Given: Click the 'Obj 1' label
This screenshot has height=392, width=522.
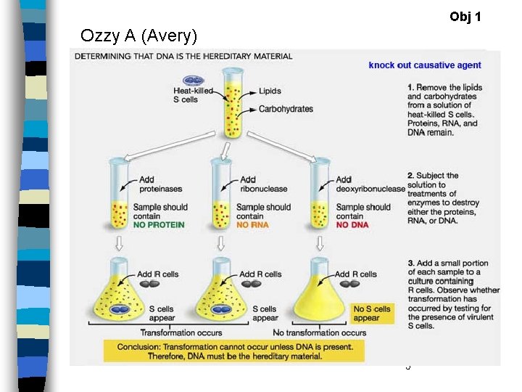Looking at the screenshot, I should pyautogui.click(x=465, y=16).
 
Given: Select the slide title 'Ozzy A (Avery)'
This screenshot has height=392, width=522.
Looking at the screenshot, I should pyautogui.click(x=138, y=36).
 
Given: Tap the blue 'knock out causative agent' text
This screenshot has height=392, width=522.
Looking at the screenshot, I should pyautogui.click(x=425, y=65).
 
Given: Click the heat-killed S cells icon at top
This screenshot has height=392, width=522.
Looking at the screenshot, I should pyautogui.click(x=194, y=81).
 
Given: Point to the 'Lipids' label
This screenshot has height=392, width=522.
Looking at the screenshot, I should pyautogui.click(x=270, y=91).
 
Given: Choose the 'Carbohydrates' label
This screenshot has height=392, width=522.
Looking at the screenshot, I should pyautogui.click(x=286, y=109).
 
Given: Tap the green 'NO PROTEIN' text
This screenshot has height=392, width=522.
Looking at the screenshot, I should pyautogui.click(x=158, y=225).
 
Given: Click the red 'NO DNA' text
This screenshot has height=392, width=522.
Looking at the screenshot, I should pyautogui.click(x=352, y=225).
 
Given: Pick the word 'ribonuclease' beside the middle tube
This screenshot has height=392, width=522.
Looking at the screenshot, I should pyautogui.click(x=263, y=189).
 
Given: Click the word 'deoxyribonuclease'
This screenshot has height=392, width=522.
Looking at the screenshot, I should pyautogui.click(x=370, y=189).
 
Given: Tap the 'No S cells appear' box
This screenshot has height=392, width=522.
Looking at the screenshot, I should pyautogui.click(x=371, y=314).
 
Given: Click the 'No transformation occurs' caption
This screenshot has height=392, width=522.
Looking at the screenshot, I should pyautogui.click(x=320, y=332).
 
